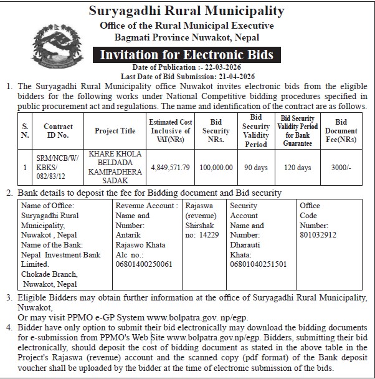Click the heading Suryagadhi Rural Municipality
click(187, 11)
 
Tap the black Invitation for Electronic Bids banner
click(187, 55)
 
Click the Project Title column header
click(115, 131)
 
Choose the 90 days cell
click(255, 167)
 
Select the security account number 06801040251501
click(259, 264)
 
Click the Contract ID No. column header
click(58, 131)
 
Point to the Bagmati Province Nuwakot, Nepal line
click(187, 37)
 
